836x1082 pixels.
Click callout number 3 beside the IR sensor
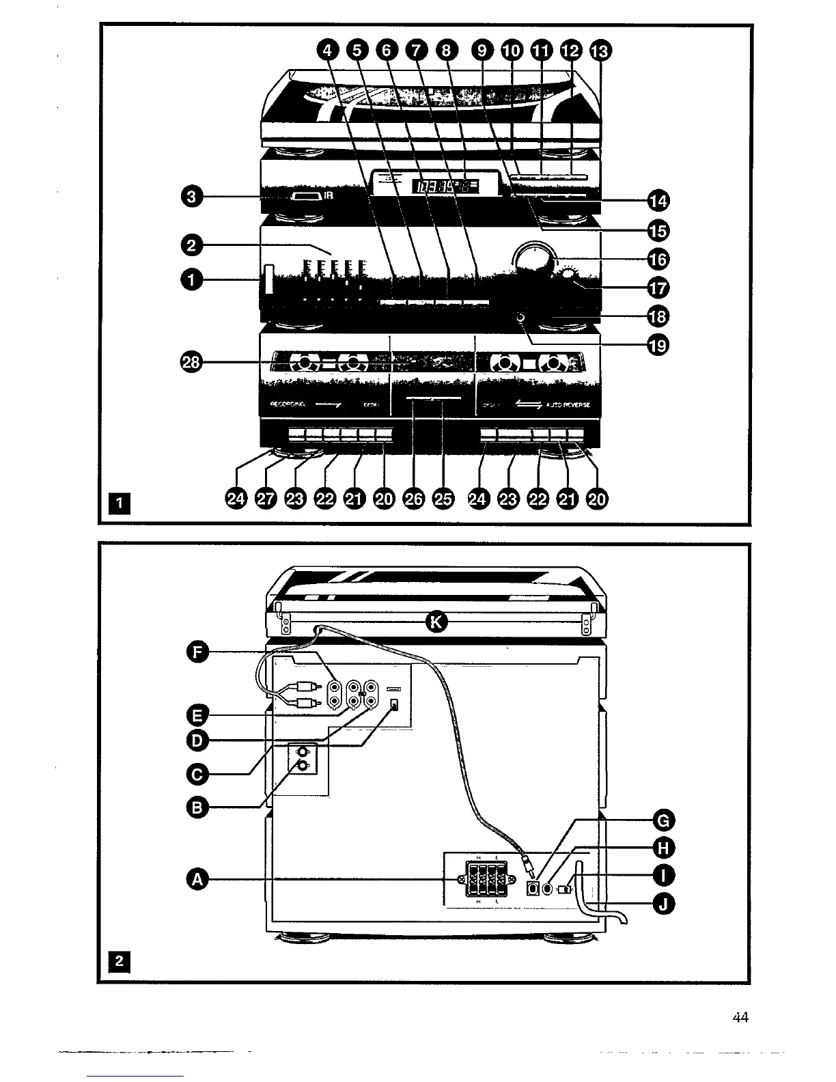[193, 197]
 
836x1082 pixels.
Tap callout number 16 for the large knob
[658, 259]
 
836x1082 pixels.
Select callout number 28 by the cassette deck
[193, 363]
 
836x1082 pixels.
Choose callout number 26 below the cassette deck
[414, 499]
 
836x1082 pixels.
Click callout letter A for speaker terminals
[198, 880]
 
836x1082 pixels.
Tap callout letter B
[197, 808]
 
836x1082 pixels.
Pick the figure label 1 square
[120, 504]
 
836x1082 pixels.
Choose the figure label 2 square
[120, 962]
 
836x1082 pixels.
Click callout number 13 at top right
[602, 51]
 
